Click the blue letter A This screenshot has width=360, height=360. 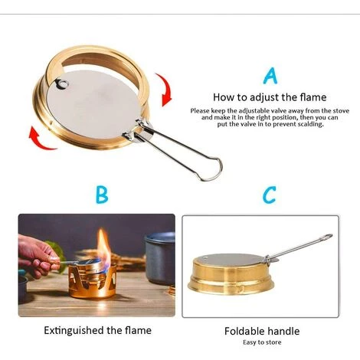270,76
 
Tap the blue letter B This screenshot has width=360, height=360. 102,195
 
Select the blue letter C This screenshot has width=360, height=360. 270,195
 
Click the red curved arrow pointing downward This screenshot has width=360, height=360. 165,90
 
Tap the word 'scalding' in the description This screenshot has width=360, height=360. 310,124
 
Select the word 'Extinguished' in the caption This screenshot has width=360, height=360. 74,331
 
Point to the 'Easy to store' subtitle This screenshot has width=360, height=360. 262,342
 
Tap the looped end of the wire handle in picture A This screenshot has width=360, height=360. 212,169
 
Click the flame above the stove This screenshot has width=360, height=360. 104,246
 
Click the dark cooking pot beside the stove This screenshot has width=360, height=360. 160,258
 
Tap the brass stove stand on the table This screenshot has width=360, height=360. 93,281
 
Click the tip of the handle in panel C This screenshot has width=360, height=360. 331,235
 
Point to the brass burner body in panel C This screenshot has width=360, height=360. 231,275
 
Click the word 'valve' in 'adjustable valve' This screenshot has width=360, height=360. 271,111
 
